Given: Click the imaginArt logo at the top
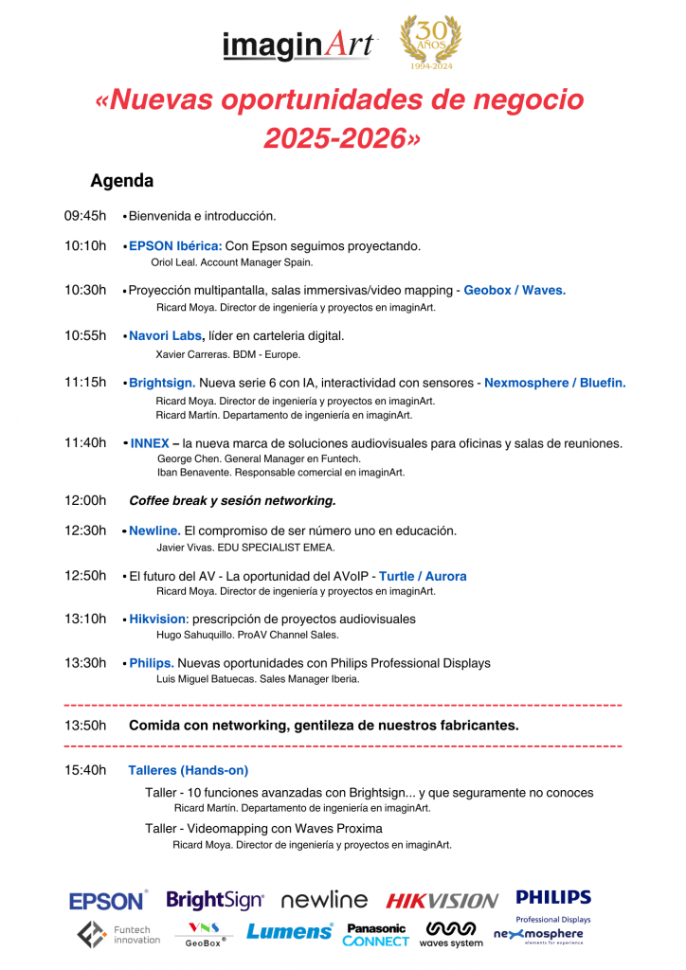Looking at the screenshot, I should (x=299, y=45).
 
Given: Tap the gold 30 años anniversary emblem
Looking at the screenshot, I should (x=431, y=43).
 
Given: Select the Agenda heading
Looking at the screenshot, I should (x=121, y=180).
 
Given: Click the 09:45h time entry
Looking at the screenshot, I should (x=85, y=216).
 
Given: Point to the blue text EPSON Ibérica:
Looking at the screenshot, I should (x=175, y=246).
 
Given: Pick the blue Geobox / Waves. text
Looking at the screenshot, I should (x=514, y=290).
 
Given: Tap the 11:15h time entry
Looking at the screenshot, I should (x=85, y=383).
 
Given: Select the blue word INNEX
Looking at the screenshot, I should (x=150, y=443).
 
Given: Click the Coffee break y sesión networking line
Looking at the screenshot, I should (x=232, y=500).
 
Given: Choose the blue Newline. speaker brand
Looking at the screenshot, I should (x=154, y=530).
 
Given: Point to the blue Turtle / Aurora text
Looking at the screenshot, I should (x=423, y=576).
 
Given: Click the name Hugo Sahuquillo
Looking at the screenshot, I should (x=194, y=635).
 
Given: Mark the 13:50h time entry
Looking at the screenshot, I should (x=85, y=726).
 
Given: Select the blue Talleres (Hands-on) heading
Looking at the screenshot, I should (x=189, y=770).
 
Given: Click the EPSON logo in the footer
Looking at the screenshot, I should (x=108, y=900).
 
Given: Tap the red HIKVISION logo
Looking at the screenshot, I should (x=442, y=901).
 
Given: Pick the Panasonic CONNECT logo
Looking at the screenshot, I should (x=376, y=935).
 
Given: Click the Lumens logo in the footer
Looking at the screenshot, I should (x=290, y=932).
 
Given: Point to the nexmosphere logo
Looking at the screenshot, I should (x=538, y=935).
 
